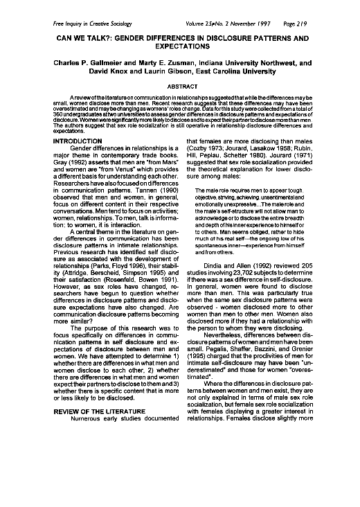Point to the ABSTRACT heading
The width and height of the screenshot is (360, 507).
tap(179, 86)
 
